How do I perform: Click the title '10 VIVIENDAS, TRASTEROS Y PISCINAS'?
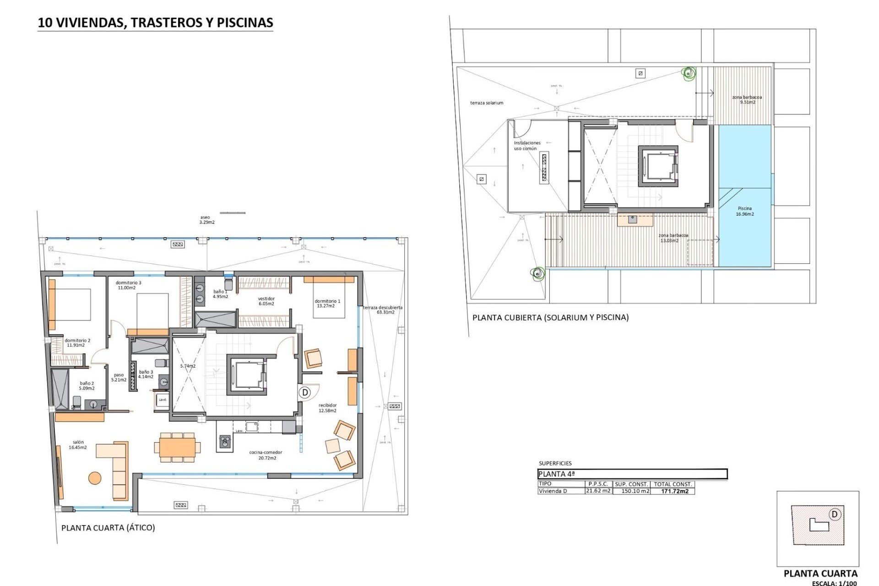155,22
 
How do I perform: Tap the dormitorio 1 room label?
327,304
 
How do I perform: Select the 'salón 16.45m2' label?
78,445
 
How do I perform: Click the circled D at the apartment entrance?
305,392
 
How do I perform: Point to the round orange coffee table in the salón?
95,478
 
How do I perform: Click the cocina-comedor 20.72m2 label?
266,455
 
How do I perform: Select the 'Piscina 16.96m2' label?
745,211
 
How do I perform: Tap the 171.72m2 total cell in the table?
674,491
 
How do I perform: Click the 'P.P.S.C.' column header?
598,484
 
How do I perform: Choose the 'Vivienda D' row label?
553,491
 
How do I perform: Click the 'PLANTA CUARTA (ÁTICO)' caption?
108,527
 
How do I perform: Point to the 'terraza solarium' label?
487,103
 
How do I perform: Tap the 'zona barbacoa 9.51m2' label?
747,100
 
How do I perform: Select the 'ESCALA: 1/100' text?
834,583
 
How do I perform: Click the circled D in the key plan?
834,515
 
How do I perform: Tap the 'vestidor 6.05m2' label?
266,301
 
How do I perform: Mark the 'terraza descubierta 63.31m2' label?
383,310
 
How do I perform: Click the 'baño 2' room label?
87,386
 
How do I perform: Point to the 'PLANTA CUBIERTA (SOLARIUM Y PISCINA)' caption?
550,317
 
